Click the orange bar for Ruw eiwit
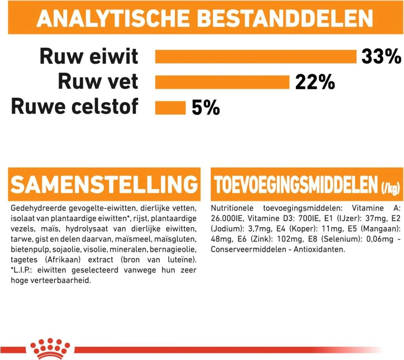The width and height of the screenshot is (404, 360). tap(255, 57)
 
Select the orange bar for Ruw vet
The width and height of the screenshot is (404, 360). tap(222, 82)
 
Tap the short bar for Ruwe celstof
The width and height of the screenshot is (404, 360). tap(170, 108)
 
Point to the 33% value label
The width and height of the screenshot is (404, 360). tap(381, 56)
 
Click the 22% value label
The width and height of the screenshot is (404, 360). tap(315, 82)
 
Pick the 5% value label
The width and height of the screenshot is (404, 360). tap(206, 108)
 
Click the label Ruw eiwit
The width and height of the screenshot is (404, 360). tap(89, 56)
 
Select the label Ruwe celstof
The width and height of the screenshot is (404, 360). tap(74, 106)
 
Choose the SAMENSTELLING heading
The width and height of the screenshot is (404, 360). tap(104, 184)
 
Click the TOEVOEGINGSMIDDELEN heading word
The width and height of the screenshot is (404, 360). tap(296, 185)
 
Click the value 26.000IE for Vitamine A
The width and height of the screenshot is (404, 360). tap(227, 218)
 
